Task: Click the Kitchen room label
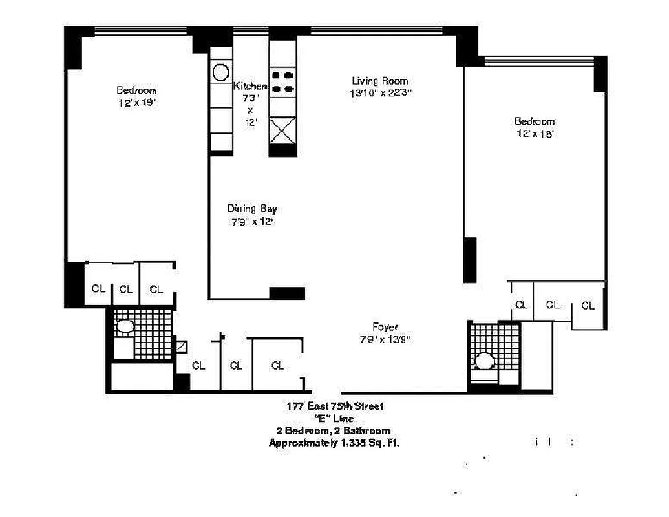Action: tap(250, 86)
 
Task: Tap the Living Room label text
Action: tap(379, 81)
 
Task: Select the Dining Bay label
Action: tap(251, 209)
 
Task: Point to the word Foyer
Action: tap(385, 326)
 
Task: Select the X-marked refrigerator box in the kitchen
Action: tap(282, 131)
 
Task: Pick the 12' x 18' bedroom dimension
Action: tap(534, 133)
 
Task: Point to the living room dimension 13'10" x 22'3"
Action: tap(379, 93)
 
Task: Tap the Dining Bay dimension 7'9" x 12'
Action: tap(251, 222)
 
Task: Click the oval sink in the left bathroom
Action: tap(124, 327)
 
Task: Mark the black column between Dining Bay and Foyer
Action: tap(286, 293)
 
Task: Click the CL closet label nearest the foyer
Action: tap(277, 366)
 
